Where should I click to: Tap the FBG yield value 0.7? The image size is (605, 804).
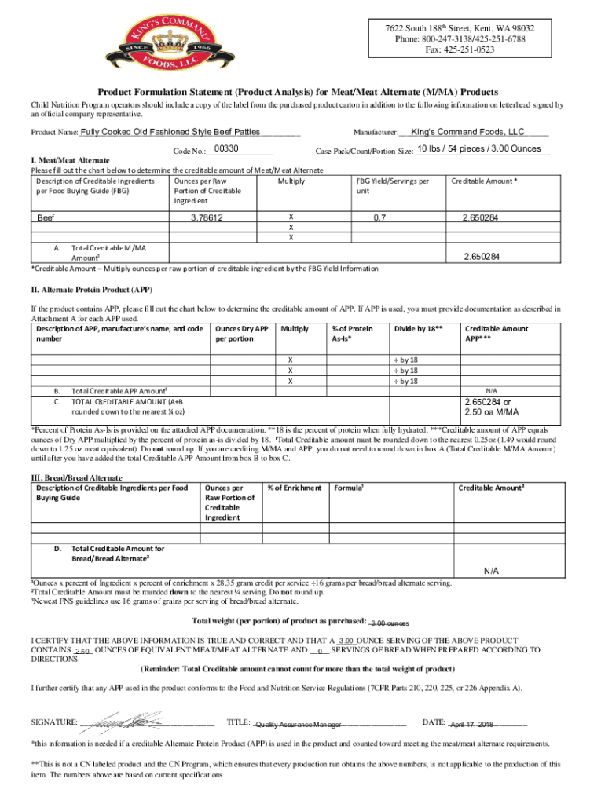(378, 217)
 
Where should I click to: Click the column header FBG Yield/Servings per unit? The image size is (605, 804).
(393, 186)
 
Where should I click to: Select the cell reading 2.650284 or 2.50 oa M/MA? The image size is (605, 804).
(496, 407)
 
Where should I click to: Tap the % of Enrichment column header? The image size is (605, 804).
(295, 488)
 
